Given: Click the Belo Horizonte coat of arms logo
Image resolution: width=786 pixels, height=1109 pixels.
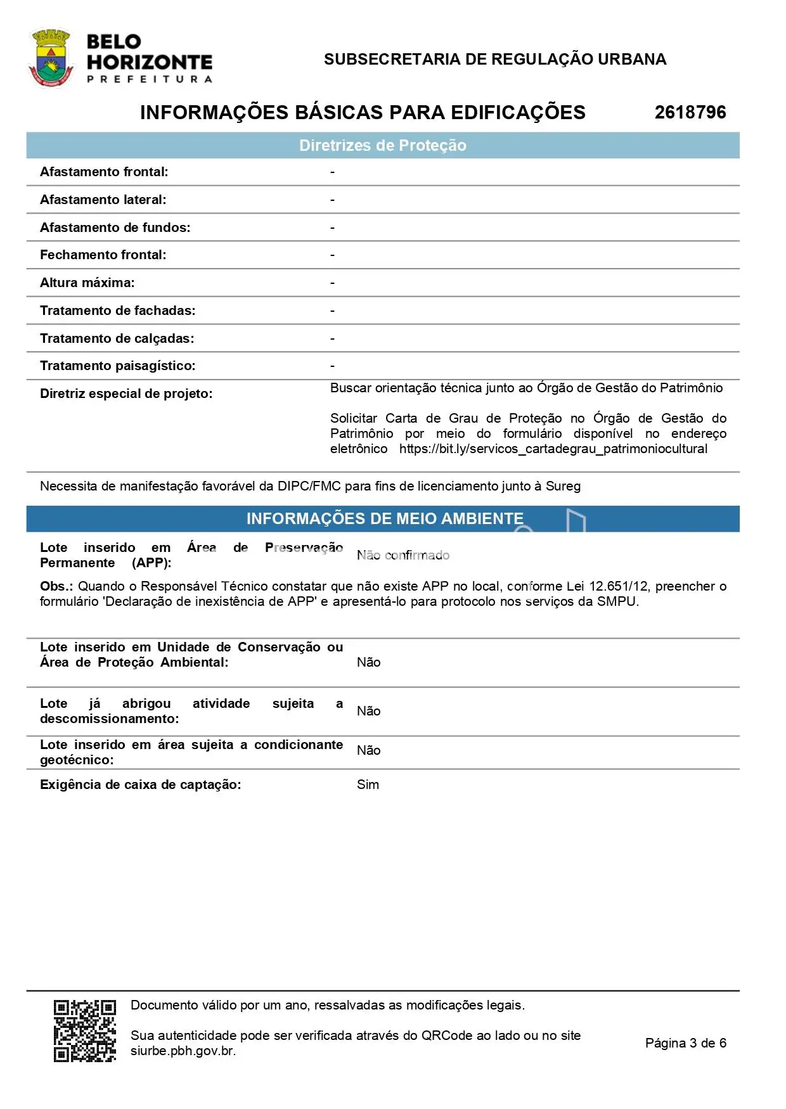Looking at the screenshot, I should tap(50, 58).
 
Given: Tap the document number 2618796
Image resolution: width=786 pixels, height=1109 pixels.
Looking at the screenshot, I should tap(690, 112).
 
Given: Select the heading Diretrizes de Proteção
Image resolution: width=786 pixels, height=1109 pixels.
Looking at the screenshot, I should tap(382, 146).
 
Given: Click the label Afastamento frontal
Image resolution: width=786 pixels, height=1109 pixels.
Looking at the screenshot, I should tap(104, 172).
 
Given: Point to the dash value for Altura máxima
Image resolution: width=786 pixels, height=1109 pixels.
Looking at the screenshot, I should tap(332, 283).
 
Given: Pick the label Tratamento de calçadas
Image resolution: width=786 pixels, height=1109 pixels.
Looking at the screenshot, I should tap(117, 338).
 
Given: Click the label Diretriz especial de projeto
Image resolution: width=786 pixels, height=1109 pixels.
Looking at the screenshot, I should tap(126, 394).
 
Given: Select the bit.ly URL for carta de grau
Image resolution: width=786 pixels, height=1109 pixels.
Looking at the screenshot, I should tap(553, 449).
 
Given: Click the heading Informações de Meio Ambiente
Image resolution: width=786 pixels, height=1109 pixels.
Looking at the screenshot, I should tap(385, 518).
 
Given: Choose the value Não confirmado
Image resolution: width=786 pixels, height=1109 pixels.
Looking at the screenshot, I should tap(403, 555).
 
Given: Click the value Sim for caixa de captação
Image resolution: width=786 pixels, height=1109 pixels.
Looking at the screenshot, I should tap(368, 785).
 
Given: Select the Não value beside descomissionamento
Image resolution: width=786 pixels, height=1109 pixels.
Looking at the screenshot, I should tap(368, 711).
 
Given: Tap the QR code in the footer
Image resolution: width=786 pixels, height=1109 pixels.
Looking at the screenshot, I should tap(85, 1030).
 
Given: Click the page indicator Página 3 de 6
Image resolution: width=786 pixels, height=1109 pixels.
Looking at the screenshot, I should tap(685, 1042).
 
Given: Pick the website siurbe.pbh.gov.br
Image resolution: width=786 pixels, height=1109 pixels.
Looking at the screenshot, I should tap(183, 1050).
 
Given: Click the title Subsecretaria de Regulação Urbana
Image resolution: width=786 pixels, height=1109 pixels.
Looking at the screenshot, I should tap(494, 60).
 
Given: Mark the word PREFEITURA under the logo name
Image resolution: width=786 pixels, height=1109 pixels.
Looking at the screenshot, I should tap(150, 79).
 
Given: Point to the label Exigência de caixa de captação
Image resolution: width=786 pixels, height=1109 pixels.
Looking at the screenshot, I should tap(140, 785).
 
